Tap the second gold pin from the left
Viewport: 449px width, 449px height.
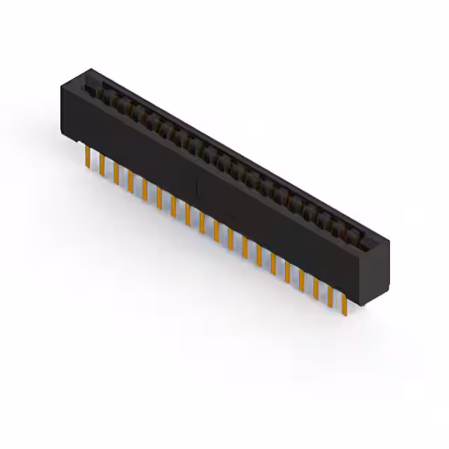tap(101, 164)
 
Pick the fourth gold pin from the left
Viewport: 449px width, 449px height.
tap(130, 181)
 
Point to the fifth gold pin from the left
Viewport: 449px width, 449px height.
tap(144, 188)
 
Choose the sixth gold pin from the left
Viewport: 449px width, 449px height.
tap(159, 197)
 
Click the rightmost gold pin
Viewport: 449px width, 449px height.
tap(344, 304)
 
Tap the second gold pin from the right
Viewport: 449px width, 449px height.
tap(330, 297)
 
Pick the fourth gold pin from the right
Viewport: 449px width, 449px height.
tap(302, 281)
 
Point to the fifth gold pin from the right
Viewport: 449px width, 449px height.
tap(288, 274)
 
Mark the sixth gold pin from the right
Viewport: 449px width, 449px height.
tap(273, 265)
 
